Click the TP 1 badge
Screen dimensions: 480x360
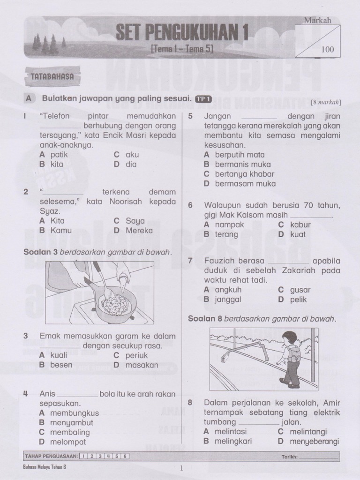point(203,99)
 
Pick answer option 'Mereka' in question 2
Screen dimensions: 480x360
point(139,230)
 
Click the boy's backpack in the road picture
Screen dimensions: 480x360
point(294,354)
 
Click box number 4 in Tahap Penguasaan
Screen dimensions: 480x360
point(108,456)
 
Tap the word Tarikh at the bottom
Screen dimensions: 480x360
point(289,456)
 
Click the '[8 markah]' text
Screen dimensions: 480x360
point(326,102)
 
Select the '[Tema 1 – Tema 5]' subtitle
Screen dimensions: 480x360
point(181,48)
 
